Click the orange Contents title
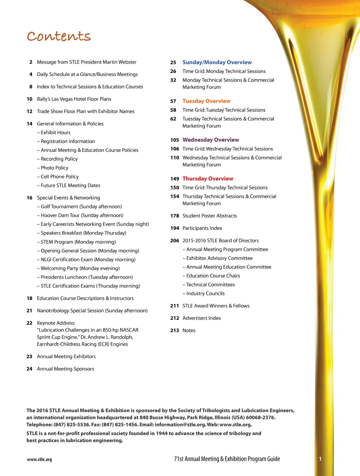click(x=59, y=36)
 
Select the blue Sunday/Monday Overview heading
click(x=217, y=62)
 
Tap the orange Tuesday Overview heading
click(x=206, y=101)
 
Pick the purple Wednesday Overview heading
click(x=211, y=140)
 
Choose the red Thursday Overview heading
click(x=208, y=178)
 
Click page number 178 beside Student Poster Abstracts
click(x=175, y=216)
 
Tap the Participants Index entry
click(x=202, y=228)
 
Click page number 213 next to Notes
click(x=175, y=330)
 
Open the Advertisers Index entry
click(x=201, y=318)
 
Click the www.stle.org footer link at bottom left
click(x=39, y=459)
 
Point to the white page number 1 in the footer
click(x=320, y=459)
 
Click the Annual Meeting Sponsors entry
click(x=65, y=369)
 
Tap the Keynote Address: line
click(x=56, y=323)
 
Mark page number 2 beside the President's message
click(x=31, y=62)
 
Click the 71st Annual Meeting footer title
click(x=227, y=459)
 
